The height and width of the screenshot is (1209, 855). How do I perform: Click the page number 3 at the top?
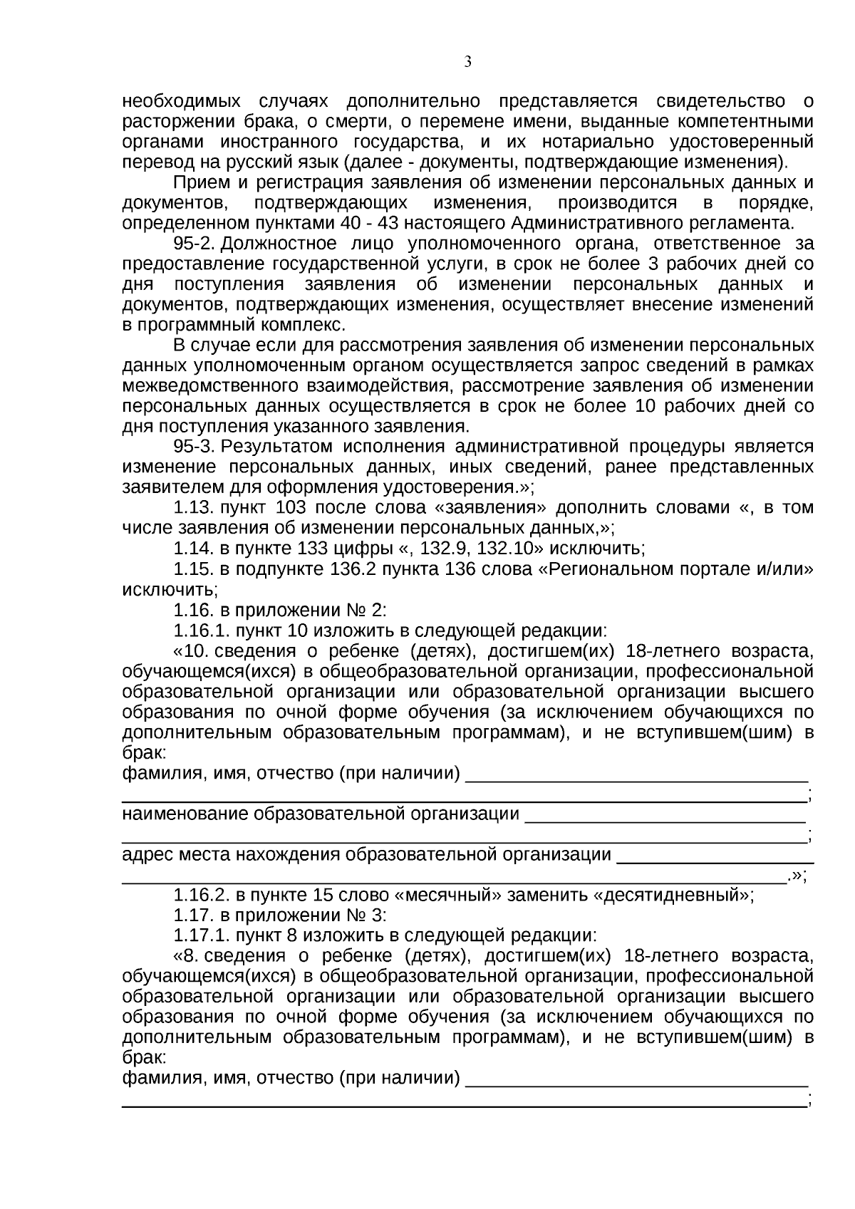coord(468,62)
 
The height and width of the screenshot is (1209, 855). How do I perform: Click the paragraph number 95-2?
coord(194,244)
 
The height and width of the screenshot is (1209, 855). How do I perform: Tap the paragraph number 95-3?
coord(194,447)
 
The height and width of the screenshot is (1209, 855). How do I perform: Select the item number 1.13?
coord(194,508)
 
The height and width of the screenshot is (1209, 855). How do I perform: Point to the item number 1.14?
coord(194,549)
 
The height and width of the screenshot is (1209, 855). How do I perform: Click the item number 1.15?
coord(194,569)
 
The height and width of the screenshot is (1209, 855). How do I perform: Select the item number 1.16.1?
coord(202,631)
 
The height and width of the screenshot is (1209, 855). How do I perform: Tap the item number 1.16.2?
coord(202,896)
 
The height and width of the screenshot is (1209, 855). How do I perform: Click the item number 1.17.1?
coord(202,935)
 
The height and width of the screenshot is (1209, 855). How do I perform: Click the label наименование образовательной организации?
coord(321,814)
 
